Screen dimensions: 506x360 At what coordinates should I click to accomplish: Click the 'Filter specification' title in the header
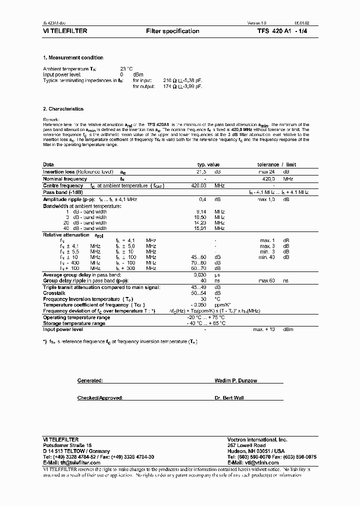coord(172,31)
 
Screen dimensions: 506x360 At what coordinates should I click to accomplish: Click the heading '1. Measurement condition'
coord(73,58)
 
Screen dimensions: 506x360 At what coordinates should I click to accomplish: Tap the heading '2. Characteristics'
coord(63,109)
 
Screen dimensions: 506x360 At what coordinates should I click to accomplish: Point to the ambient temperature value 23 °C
coord(126,68)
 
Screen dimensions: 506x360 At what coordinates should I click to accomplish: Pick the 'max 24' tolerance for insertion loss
coord(266,171)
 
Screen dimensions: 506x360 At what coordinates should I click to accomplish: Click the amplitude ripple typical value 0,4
coord(203,199)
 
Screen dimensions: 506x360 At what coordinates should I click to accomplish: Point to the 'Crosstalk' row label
coord(54,292)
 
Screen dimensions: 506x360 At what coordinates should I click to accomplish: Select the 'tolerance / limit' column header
coord(276,164)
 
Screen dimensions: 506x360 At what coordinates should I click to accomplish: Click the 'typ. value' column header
coord(208,164)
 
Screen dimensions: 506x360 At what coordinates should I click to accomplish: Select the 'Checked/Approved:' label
coord(100,398)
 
